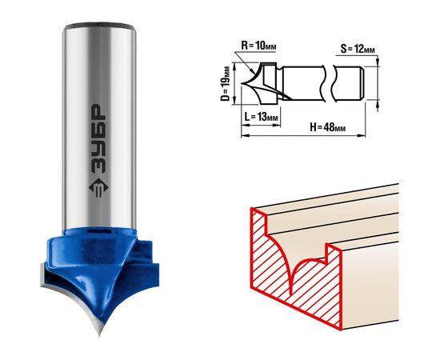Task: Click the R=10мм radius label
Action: point(258,46)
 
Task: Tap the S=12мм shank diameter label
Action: point(358,49)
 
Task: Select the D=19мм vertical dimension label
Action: point(225,84)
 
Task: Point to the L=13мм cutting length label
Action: point(261,117)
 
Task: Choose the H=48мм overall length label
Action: point(327,127)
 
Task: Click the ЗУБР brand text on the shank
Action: point(98,139)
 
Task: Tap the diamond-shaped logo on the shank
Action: point(98,188)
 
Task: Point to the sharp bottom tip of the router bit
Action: point(100,334)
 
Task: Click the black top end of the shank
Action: point(99,26)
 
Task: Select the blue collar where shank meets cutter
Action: point(100,234)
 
